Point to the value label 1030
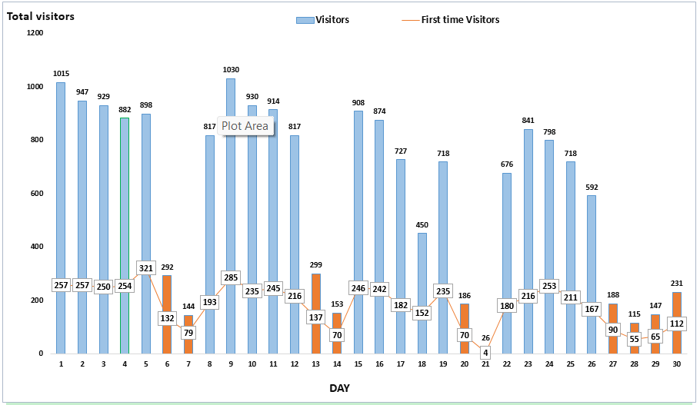pyautogui.click(x=231, y=70)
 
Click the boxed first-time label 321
pyautogui.click(x=146, y=268)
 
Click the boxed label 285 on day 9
pyautogui.click(x=231, y=277)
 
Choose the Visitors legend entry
pyautogui.click(x=323, y=19)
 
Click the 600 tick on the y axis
pyautogui.click(x=37, y=194)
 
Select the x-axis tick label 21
pyautogui.click(x=485, y=364)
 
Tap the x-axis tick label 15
pyautogui.click(x=358, y=364)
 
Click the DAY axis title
pyautogui.click(x=339, y=389)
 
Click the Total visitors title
pyautogui.click(x=41, y=15)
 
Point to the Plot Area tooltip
pyautogui.click(x=245, y=126)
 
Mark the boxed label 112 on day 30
pyautogui.click(x=676, y=324)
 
